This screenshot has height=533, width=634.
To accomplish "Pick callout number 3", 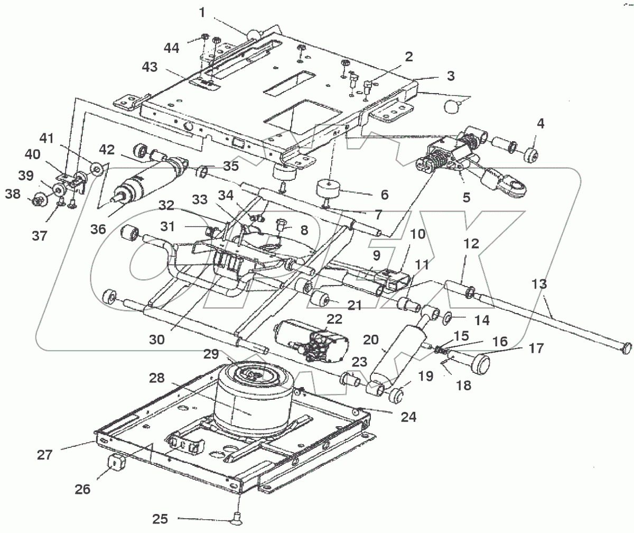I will point(450,75).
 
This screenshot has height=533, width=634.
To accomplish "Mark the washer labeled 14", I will point(446,318).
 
